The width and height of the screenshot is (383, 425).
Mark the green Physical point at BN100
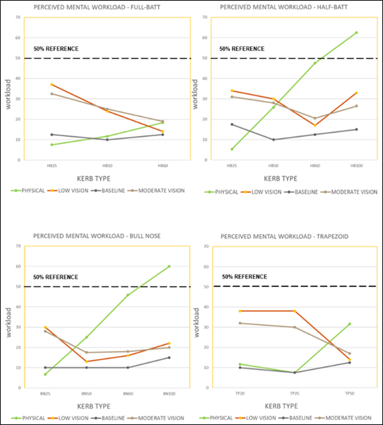169,266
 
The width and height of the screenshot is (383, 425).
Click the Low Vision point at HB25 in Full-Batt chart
51,85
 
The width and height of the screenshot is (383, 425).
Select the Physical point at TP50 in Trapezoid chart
349,323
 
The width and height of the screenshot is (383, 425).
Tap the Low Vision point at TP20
240,311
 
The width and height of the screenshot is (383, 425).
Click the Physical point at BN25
45,374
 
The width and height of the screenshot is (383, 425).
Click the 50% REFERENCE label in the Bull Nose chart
56,277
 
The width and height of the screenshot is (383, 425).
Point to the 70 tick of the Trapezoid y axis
217,246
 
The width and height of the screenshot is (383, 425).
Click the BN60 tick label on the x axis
128,393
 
